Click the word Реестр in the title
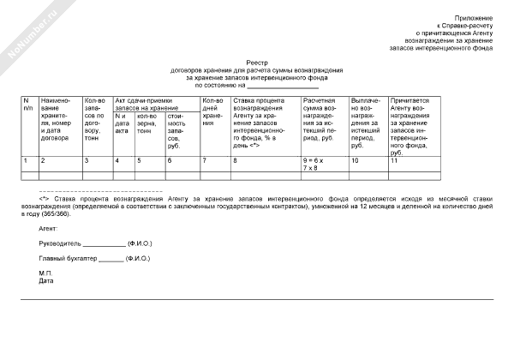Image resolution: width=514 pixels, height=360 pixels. pyautogui.click(x=257, y=63)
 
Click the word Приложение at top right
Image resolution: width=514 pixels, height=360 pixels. pyautogui.click(x=475, y=17)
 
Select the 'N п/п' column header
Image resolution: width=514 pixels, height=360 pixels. pyautogui.click(x=28, y=105)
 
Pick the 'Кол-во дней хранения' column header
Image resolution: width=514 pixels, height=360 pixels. pyautogui.click(x=214, y=112)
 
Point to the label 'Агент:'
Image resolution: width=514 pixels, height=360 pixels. pyautogui.click(x=49, y=229)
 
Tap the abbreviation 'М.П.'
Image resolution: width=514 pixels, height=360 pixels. pyautogui.click(x=46, y=273)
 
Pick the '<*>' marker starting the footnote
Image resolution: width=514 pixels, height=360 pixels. pyautogui.click(x=45, y=199)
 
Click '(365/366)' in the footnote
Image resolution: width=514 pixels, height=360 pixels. pyautogui.click(x=75, y=214)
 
